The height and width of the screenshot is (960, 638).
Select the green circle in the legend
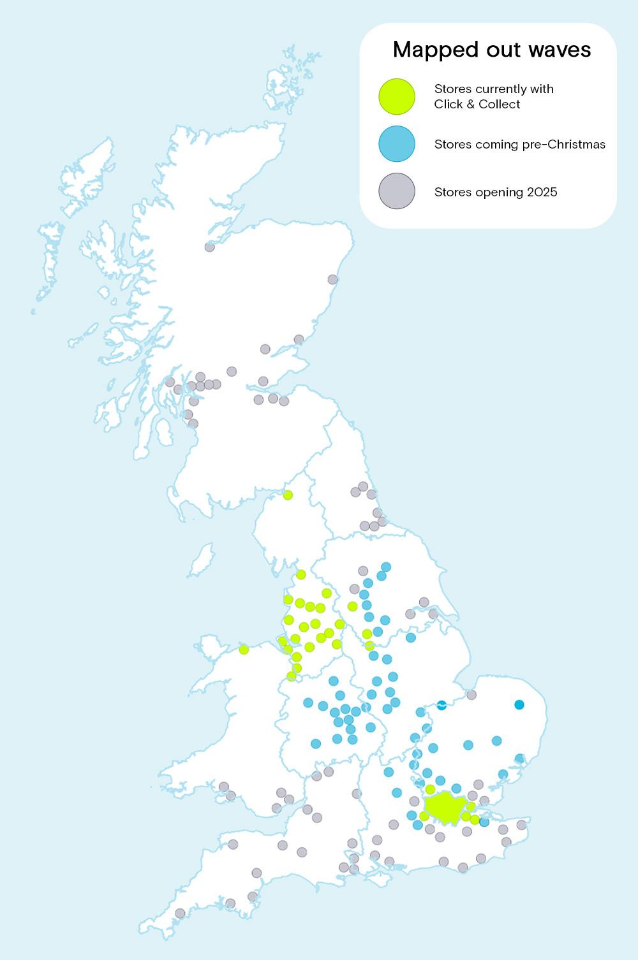pos(397,97)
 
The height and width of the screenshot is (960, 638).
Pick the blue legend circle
pos(397,144)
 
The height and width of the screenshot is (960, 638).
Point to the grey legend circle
pos(397,191)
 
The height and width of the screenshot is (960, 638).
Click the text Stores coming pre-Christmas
pos(519,144)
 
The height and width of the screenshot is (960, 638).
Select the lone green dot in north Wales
pos(244,650)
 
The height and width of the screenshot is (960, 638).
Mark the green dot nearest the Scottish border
pos(288,495)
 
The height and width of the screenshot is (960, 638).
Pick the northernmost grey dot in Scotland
pos(209,247)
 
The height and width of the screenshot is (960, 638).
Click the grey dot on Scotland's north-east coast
pos(332,279)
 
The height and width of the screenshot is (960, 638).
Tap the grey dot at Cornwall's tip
pos(180,913)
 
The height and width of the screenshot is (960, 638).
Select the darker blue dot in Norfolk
pos(519,704)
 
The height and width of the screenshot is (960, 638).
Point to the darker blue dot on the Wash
pos(441,704)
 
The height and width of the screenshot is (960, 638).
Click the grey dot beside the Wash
pos(471,695)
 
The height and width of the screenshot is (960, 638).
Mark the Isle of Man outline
pos(203,558)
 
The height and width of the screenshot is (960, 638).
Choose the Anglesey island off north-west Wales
pos(209,645)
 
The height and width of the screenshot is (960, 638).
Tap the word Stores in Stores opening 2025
pos(452,192)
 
